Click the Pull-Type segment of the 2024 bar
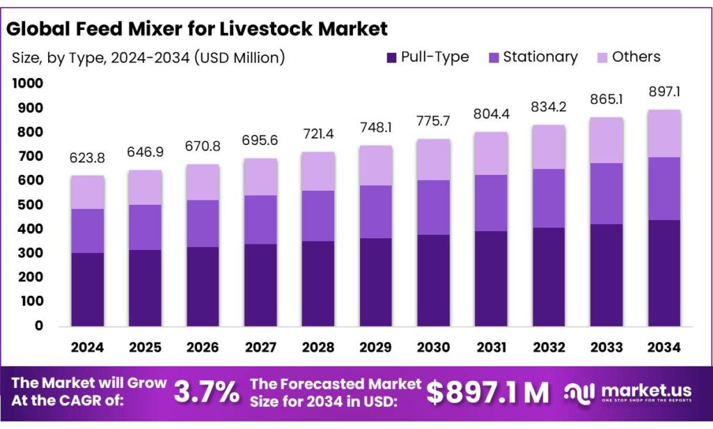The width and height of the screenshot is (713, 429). [x=87, y=289]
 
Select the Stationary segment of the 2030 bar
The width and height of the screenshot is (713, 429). [x=434, y=208]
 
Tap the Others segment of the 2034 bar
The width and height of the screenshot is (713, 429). [x=664, y=134]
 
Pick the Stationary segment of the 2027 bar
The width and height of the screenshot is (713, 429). [x=260, y=219]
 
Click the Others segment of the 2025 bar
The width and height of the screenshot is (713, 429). [x=145, y=187]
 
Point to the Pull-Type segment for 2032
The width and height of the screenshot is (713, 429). [x=549, y=276]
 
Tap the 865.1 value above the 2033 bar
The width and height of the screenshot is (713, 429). [x=607, y=100]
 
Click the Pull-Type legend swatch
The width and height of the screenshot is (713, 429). [x=391, y=57]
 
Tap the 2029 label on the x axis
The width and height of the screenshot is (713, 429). [x=376, y=346]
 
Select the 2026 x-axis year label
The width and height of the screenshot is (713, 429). [x=203, y=346]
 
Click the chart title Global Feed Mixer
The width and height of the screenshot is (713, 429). [x=196, y=29]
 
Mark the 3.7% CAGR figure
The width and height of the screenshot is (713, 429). [x=206, y=392]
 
